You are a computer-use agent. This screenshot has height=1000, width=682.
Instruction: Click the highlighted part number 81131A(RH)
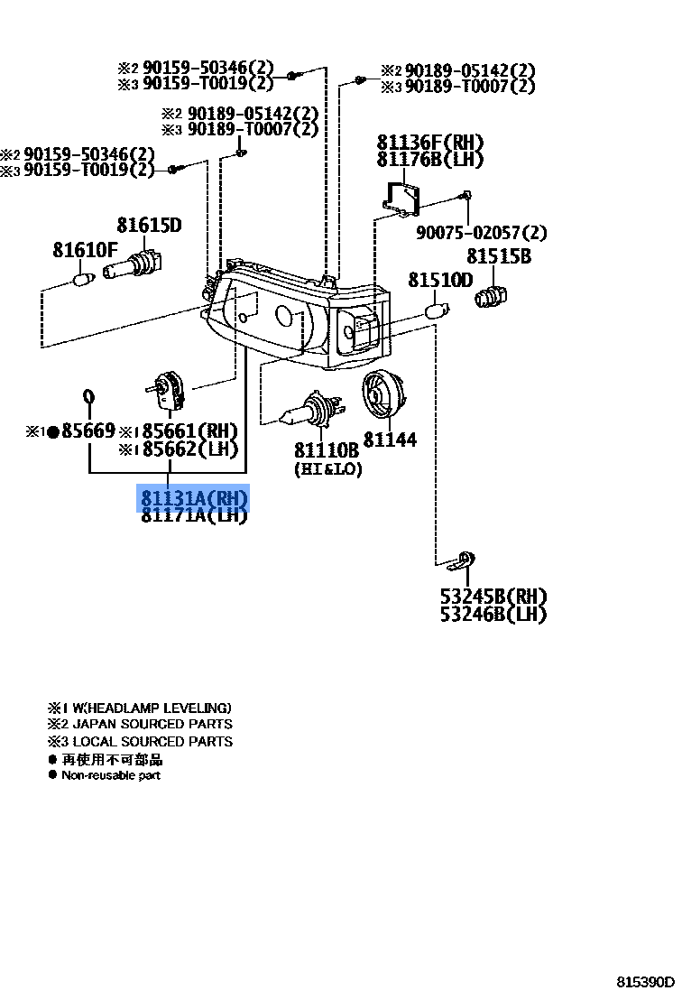pyautogui.click(x=192, y=499)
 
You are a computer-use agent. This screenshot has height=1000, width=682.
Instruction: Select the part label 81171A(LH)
pyautogui.click(x=192, y=516)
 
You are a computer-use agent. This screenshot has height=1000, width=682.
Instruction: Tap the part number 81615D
pyautogui.click(x=149, y=226)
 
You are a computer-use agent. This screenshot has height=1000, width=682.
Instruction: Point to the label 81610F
pyautogui.click(x=85, y=250)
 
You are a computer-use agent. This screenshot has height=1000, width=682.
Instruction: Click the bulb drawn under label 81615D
pyautogui.click(x=133, y=266)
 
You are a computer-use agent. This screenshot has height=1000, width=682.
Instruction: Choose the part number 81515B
pyautogui.click(x=498, y=257)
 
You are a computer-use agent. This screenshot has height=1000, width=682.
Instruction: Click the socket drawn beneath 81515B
pyautogui.click(x=493, y=294)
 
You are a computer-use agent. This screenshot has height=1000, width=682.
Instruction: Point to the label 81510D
pyautogui.click(x=439, y=281)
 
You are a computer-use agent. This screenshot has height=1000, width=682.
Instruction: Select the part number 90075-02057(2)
pyautogui.click(x=481, y=234)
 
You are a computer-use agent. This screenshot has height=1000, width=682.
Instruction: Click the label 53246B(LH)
pyautogui.click(x=493, y=615)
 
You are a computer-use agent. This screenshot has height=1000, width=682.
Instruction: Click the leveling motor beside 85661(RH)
pyautogui.click(x=169, y=390)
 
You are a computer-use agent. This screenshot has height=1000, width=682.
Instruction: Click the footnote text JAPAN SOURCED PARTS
pyautogui.click(x=152, y=724)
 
